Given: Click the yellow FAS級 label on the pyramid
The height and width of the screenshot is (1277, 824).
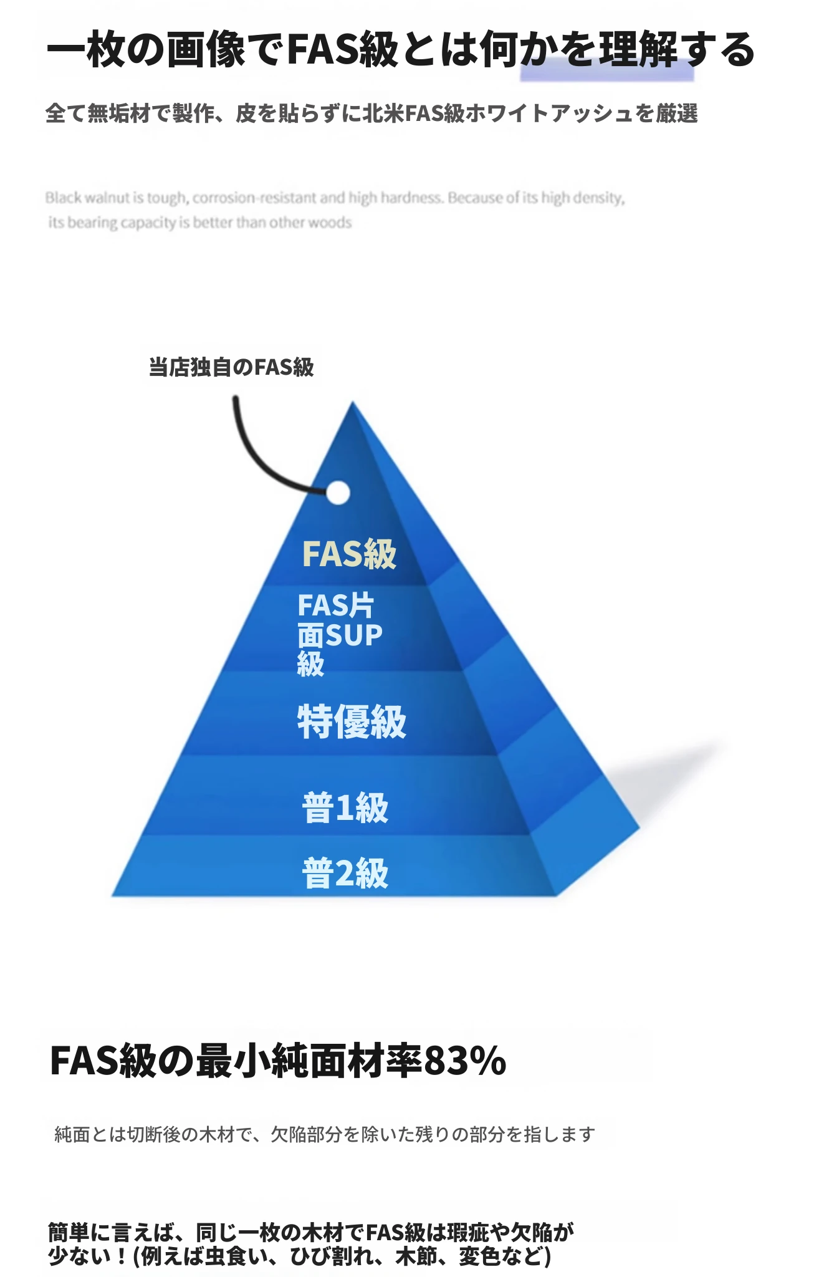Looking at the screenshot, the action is (x=349, y=554).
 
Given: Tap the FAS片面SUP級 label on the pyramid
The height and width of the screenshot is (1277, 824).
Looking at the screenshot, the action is (x=340, y=634).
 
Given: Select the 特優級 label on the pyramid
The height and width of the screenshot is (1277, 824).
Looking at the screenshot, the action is (x=352, y=722).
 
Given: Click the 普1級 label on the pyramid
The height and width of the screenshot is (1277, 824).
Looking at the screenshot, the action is (x=345, y=808).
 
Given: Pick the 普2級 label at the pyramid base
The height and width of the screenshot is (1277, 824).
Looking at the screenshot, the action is (x=345, y=873).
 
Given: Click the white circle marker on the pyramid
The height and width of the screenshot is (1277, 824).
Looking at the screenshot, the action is (x=338, y=493).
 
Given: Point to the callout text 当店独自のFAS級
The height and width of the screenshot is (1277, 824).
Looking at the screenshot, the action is (x=231, y=367).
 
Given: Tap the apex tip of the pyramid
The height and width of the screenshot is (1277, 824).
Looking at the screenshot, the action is (x=352, y=402).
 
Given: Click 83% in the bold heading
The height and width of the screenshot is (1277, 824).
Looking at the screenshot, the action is (x=465, y=1061).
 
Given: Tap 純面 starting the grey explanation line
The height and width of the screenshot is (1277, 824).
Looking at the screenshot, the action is (x=72, y=1134).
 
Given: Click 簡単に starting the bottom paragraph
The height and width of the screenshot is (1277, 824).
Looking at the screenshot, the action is (x=80, y=1233).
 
